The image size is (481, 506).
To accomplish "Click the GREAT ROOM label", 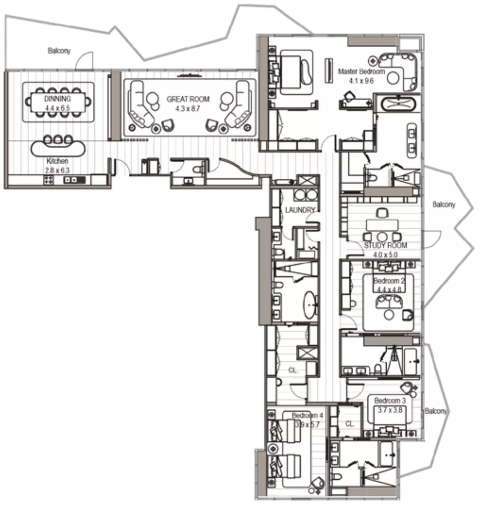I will coord(188,99).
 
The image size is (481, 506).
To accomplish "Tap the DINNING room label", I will coord(57,99).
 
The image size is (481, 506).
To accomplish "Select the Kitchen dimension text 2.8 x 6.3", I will coord(57,170).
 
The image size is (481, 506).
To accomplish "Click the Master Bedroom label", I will coord(361,71).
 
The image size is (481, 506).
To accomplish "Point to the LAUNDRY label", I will coord(299,210).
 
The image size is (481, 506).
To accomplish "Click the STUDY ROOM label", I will coord(385,245).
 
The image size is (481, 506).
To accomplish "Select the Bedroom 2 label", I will coord(389,281).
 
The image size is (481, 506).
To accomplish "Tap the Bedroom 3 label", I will coord(390,401).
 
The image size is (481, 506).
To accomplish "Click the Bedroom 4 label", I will coord(307,416).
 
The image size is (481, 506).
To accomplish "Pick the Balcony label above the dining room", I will coord(59,50).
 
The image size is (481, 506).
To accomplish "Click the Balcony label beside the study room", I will coord(443,205).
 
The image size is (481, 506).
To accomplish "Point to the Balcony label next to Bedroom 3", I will coord(436,411).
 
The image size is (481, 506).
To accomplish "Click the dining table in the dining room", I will coord(58,102).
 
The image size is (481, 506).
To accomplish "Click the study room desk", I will coord(382,225).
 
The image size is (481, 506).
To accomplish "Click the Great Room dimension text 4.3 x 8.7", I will coord(188,109).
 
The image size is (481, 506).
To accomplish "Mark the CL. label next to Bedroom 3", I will coord(350,424).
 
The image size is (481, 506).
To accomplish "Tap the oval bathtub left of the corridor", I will coord(310,305).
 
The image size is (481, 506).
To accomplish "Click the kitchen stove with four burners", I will coord(49,180).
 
